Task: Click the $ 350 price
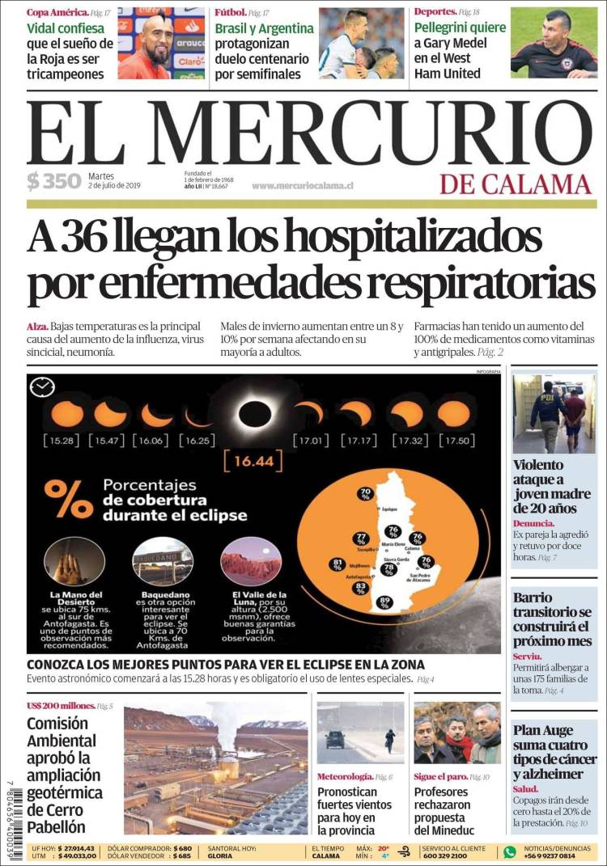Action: pyautogui.click(x=53, y=181)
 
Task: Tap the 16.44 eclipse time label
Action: pyautogui.click(x=247, y=462)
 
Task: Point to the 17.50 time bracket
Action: pyautogui.click(x=453, y=441)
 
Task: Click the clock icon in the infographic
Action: pyautogui.click(x=41, y=387)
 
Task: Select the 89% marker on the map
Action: pyautogui.click(x=384, y=602)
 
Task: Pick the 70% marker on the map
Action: pyautogui.click(x=366, y=493)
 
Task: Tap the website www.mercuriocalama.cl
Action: pyautogui.click(x=302, y=186)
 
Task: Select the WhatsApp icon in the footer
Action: pyautogui.click(x=509, y=851)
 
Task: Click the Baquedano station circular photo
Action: pyautogui.click(x=162, y=561)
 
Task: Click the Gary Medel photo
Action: pyautogui.click(x=554, y=43)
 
